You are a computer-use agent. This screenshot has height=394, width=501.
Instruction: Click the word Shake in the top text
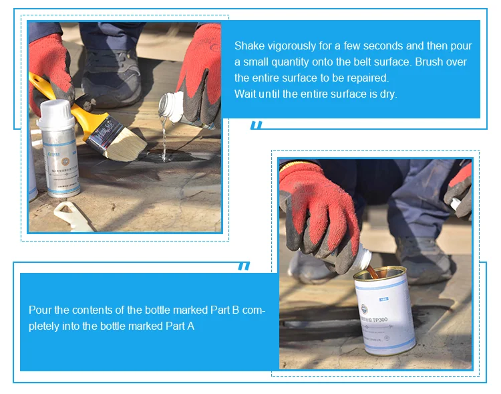248,46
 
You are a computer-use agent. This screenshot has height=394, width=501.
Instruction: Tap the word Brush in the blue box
407,62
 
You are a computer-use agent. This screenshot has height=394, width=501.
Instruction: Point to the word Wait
244,94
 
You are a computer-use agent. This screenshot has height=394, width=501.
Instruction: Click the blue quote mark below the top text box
257,126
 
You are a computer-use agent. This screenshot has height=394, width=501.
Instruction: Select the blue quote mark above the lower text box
244,266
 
